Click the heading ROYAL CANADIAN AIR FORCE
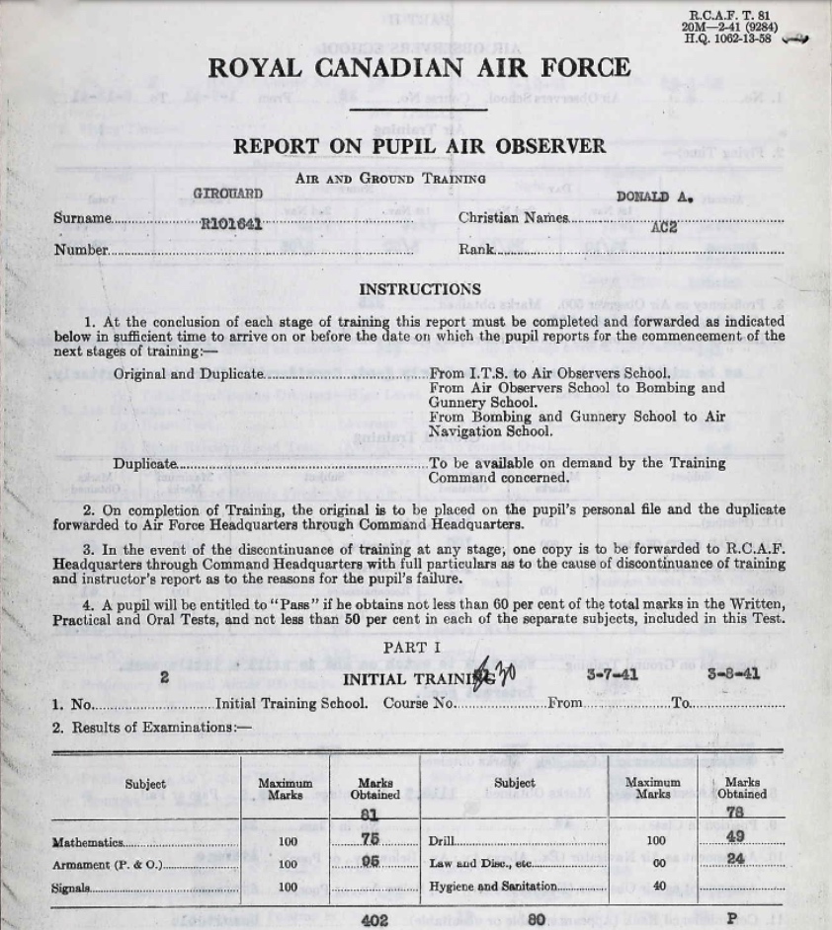(418, 68)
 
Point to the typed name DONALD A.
(654, 196)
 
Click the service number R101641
(231, 224)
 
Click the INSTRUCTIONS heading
(420, 289)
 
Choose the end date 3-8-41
(733, 675)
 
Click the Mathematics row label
(88, 843)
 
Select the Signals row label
(70, 888)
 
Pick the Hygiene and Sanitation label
(493, 887)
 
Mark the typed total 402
(374, 919)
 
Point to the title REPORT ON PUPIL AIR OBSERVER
(419, 147)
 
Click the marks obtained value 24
(735, 859)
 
